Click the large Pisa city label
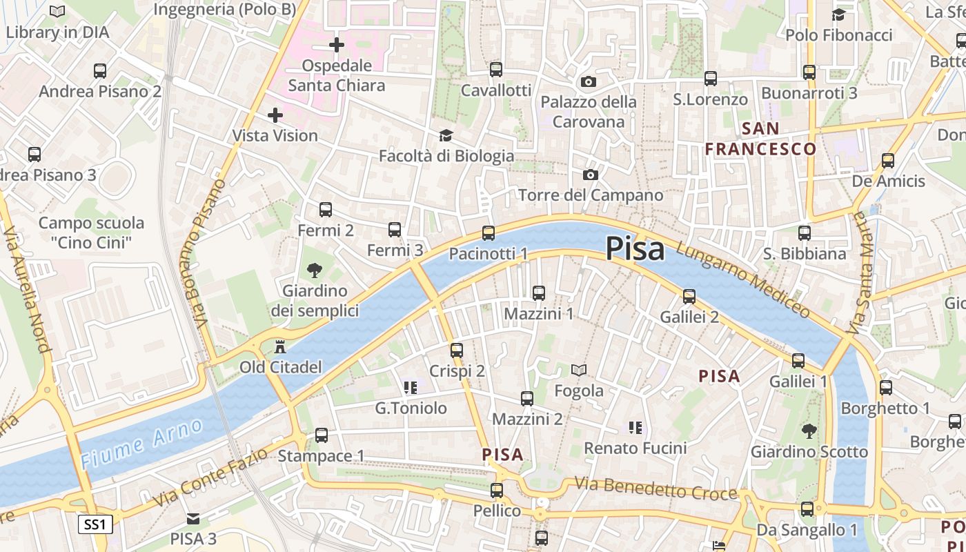(635, 249)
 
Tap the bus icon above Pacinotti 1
(489, 233)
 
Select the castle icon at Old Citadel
(280, 346)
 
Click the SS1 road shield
(95, 524)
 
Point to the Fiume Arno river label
(142, 443)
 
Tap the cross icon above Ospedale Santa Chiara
(337, 46)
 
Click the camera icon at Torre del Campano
(591, 175)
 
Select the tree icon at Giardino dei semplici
(315, 269)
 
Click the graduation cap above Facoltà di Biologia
(446, 135)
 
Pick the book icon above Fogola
(579, 371)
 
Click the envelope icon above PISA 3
(193, 518)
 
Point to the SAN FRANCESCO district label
(760, 139)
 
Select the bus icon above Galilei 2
(689, 297)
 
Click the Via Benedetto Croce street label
(655, 489)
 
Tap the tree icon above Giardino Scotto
(809, 431)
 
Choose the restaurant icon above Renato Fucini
(635, 428)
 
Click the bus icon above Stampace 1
(322, 435)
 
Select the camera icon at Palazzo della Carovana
(588, 82)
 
